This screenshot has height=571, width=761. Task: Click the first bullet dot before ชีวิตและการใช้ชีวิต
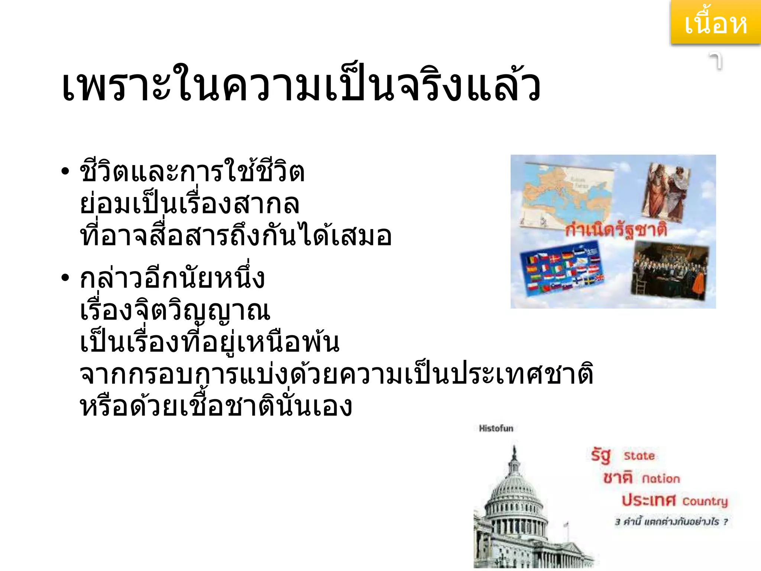65,171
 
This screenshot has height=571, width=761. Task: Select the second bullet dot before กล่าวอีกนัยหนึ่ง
65,277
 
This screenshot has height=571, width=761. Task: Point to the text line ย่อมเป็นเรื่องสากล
190,204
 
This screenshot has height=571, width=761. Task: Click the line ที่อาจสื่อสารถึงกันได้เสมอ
236,236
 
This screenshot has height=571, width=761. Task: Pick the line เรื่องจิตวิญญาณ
175,310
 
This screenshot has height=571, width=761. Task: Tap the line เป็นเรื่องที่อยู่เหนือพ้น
210,342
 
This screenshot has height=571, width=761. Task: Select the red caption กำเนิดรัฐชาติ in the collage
616,230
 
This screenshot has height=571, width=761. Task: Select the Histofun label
496,428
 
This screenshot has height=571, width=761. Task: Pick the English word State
639,456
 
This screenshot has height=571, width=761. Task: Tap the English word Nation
661,479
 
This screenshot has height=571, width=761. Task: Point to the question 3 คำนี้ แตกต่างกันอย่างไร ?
671,522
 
